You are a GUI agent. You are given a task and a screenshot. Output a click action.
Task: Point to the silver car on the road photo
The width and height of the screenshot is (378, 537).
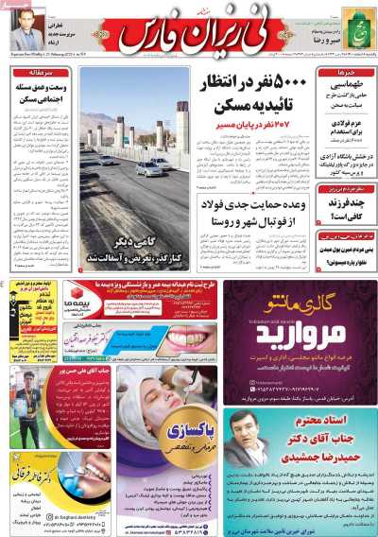coord(149,167)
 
